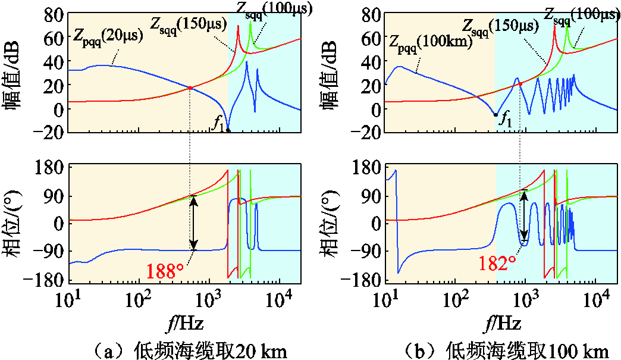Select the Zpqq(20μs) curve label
(x=108, y=36)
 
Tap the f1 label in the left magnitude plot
(x=218, y=124)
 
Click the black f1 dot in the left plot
(x=228, y=130)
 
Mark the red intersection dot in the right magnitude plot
(x=520, y=84)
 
